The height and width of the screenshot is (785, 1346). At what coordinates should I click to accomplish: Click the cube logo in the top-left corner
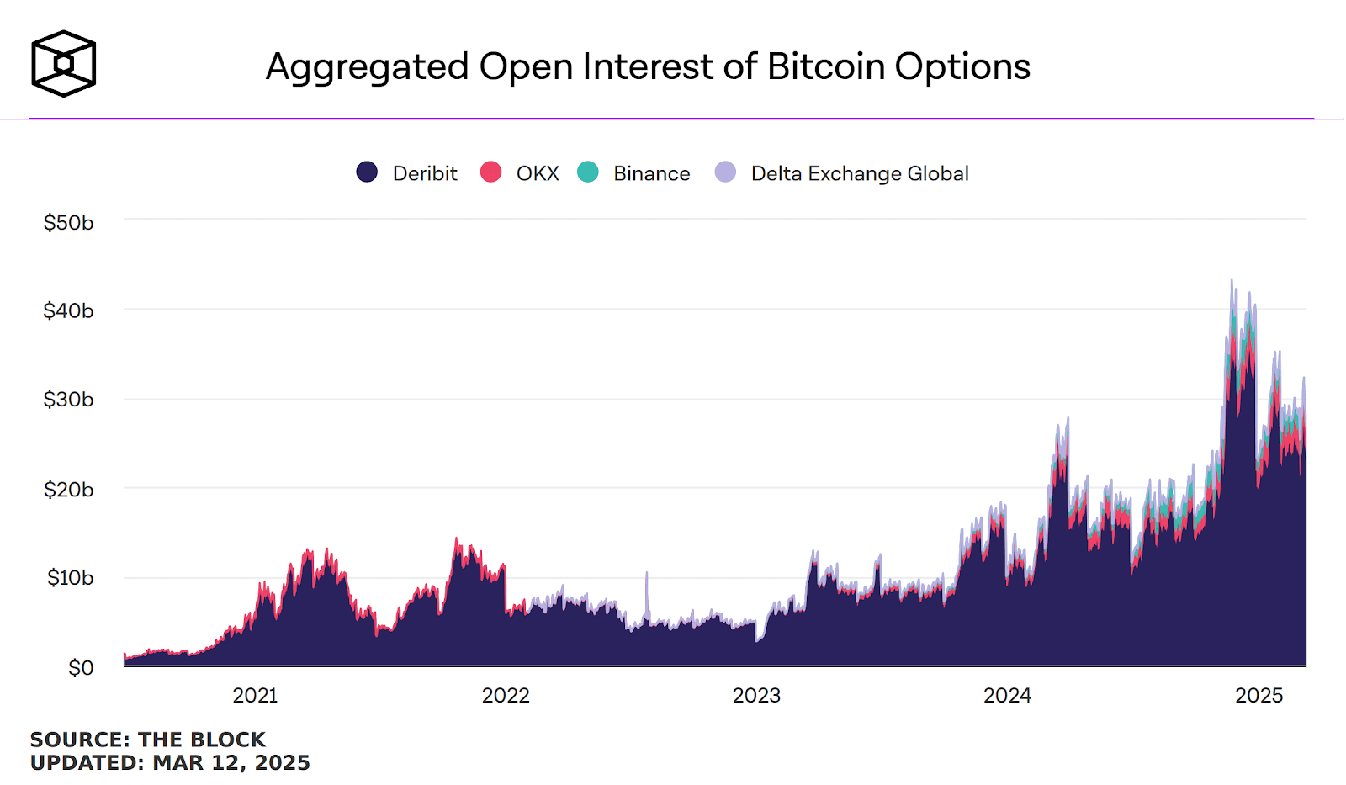(x=63, y=64)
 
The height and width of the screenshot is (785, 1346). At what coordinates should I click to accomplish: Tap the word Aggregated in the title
(x=367, y=66)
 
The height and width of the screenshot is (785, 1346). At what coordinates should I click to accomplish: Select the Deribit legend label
(x=425, y=173)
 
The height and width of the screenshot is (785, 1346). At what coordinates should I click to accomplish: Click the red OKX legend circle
(x=490, y=172)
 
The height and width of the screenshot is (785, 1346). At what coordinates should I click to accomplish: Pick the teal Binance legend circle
(x=588, y=172)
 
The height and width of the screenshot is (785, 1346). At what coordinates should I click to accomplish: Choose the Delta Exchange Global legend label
(x=859, y=173)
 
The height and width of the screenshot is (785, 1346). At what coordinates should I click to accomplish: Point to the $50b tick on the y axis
(x=69, y=223)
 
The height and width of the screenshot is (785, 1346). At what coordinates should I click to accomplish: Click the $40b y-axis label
(x=69, y=311)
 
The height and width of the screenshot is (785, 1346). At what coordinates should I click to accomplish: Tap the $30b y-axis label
(x=69, y=400)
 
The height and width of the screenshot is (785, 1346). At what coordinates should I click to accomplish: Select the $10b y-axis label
(x=70, y=578)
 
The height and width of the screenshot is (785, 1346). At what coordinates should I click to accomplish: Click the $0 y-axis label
(x=81, y=668)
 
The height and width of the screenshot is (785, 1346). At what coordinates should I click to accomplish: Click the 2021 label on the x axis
(x=255, y=696)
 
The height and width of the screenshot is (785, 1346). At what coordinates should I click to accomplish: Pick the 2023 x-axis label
(x=756, y=696)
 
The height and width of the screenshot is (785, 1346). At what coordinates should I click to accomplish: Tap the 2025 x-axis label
(x=1259, y=696)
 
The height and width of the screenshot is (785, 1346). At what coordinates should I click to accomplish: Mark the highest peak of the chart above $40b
(x=1232, y=281)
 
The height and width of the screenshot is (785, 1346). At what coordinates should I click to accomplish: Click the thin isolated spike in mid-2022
(x=647, y=575)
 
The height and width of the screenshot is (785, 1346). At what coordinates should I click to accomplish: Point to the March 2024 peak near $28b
(x=1068, y=418)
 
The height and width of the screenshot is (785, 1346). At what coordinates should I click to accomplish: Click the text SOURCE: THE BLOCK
(x=147, y=740)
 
